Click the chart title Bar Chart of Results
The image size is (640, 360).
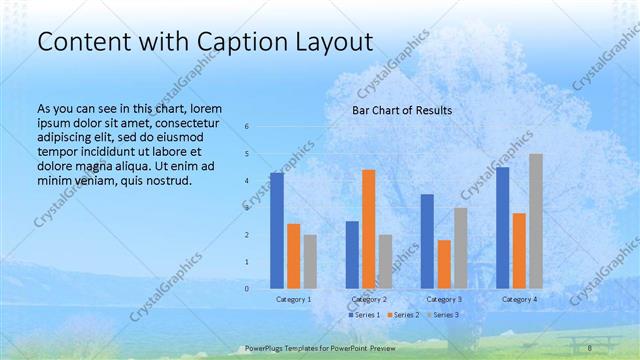pyautogui.click(x=401, y=110)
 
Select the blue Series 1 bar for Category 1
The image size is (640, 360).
pyautogui.click(x=277, y=230)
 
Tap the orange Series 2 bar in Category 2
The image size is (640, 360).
pyautogui.click(x=369, y=229)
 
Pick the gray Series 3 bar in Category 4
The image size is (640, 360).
pyautogui.click(x=536, y=221)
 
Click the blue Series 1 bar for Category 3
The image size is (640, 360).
pyautogui.click(x=427, y=241)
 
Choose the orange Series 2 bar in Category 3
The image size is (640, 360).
pyautogui.click(x=444, y=264)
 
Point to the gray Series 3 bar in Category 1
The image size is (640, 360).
pyautogui.click(x=310, y=261)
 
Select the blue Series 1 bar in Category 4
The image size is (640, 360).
pyautogui.click(x=502, y=227)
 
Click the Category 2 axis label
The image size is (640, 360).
pyautogui.click(x=369, y=299)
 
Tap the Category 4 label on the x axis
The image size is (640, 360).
pyautogui.click(x=519, y=299)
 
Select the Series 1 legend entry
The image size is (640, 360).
pyautogui.click(x=365, y=315)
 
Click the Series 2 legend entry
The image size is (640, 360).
pyautogui.click(x=403, y=315)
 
